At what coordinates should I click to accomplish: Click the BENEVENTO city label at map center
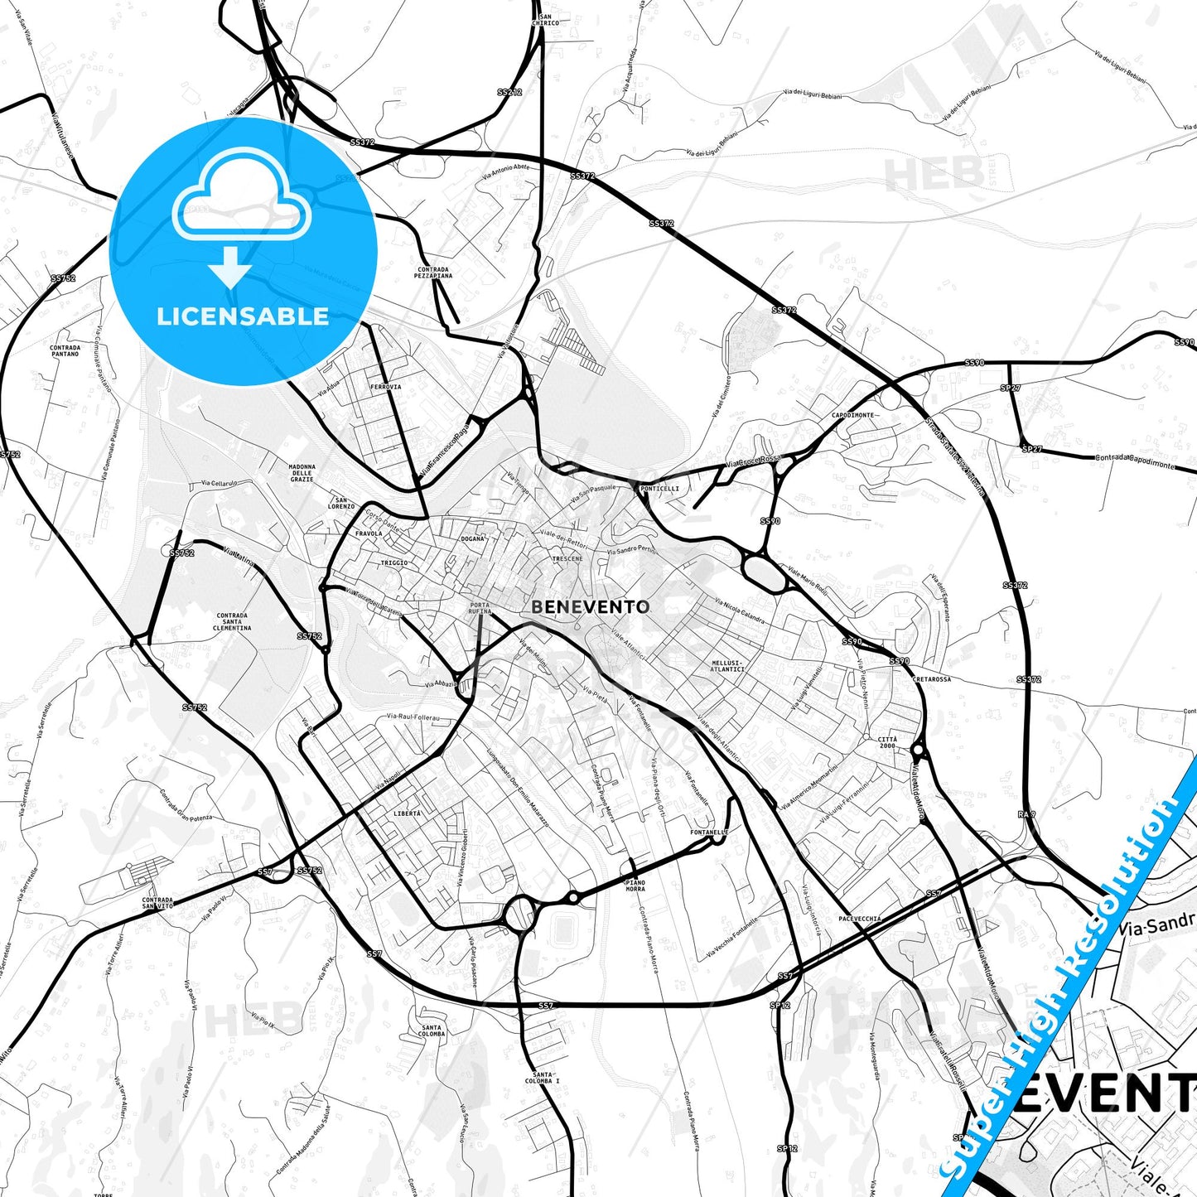point(590,607)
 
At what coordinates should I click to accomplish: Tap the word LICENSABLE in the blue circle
point(243,316)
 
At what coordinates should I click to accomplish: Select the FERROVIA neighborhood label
point(386,387)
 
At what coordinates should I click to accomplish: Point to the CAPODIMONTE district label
point(852,415)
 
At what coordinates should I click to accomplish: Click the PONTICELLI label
point(659,489)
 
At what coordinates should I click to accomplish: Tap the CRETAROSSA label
point(931,679)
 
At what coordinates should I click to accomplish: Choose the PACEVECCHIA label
point(860,919)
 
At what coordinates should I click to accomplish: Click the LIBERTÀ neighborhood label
point(407,813)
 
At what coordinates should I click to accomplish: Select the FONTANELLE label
point(709,833)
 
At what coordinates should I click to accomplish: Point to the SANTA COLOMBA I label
point(543,1078)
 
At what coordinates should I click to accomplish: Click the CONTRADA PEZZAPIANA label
point(433,273)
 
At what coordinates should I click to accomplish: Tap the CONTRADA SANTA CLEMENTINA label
point(232,622)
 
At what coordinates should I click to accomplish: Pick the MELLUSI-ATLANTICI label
point(727,666)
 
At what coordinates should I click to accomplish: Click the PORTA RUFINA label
point(480,608)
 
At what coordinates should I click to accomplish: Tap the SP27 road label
point(1010,388)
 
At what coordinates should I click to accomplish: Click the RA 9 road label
point(1026,815)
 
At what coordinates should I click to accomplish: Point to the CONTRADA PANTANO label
point(65,350)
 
